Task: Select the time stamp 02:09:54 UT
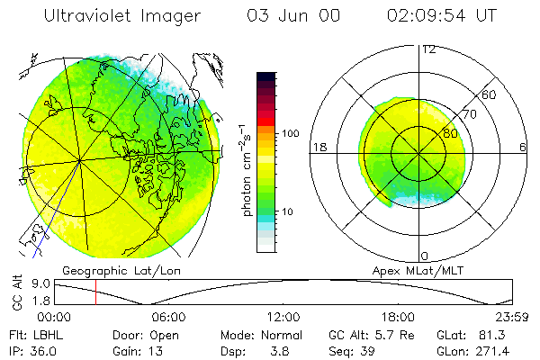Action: click(x=441, y=15)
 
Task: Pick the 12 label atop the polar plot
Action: click(x=428, y=49)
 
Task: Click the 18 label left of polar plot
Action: click(x=318, y=147)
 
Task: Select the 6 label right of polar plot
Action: click(x=523, y=147)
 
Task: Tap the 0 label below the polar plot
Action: click(x=424, y=256)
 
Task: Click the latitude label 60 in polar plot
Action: click(x=489, y=94)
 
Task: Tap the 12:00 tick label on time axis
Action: click(x=283, y=317)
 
